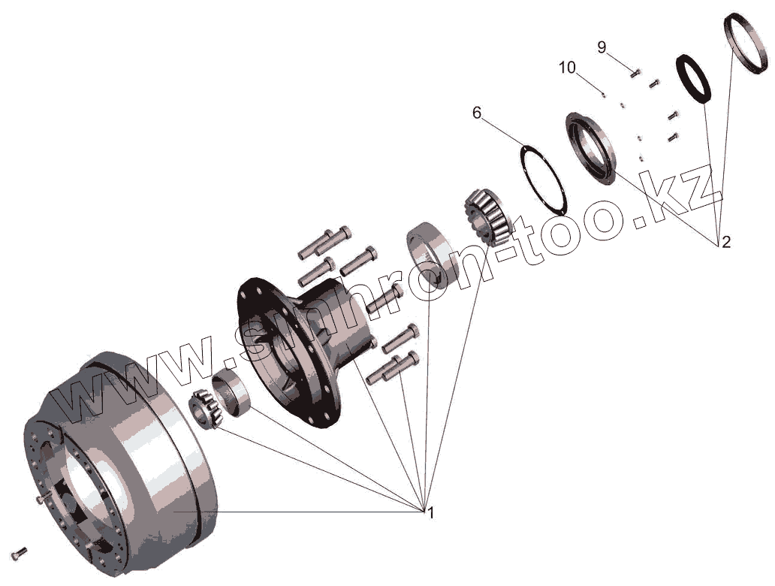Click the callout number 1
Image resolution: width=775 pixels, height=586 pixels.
tap(430, 513)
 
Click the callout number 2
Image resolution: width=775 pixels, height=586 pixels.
tap(725, 242)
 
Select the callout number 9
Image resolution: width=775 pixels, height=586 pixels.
tap(602, 47)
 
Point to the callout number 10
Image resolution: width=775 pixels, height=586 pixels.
tap(567, 68)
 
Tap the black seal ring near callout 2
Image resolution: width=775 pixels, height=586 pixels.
tap(694, 77)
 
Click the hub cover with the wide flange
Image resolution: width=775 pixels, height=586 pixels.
tap(592, 149)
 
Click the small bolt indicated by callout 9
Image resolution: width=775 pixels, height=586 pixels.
tap(635, 73)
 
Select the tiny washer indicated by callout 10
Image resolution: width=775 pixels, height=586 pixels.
tap(603, 94)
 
